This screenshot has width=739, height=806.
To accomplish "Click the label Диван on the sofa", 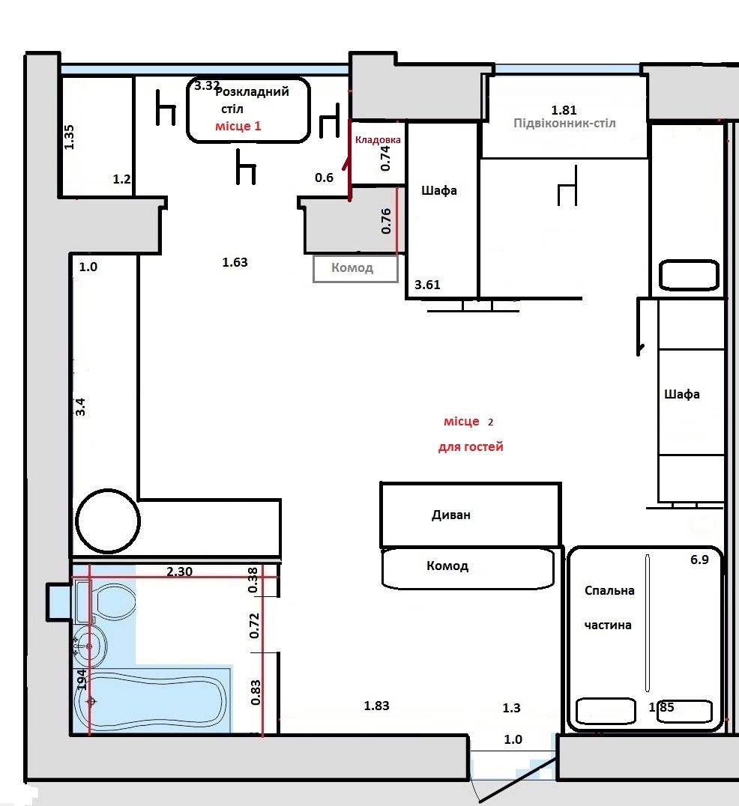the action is point(451,515).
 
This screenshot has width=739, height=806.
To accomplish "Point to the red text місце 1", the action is point(238,126).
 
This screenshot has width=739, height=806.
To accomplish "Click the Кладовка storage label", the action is point(378,140).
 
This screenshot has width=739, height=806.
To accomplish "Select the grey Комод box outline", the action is point(356,269).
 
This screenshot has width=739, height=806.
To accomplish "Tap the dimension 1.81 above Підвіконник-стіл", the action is point(564,110).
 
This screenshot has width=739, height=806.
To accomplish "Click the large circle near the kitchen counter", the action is point(108,521).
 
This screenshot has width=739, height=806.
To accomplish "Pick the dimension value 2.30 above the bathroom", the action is point(179,572).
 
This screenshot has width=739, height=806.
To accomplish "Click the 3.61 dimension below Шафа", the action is point(427,285).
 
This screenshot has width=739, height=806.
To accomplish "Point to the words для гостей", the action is point(471,446).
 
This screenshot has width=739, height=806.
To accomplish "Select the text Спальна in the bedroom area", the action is point(609,590).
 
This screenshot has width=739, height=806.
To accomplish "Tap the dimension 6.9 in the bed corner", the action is point(699,560).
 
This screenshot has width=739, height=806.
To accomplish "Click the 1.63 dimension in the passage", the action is point(235,262).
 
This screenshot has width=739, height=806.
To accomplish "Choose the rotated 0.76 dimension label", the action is point(386,221).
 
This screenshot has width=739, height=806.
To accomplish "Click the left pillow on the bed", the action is point(606,711).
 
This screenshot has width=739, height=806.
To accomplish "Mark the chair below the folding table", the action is point(246,167).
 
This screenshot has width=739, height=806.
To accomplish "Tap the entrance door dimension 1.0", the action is point(513,739).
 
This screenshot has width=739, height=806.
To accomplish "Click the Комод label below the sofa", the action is point(447,566).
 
